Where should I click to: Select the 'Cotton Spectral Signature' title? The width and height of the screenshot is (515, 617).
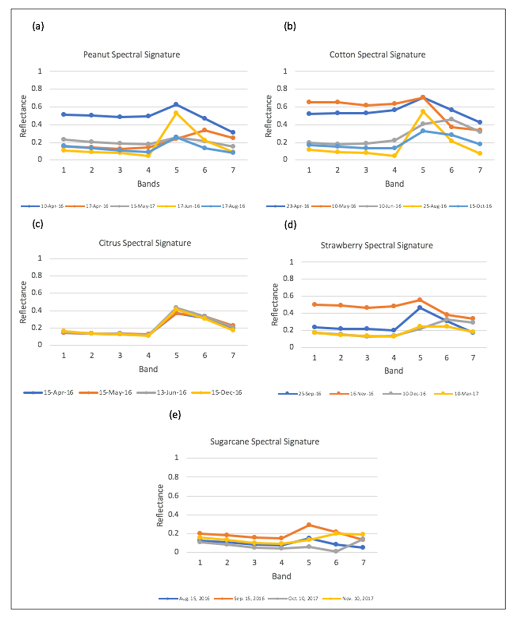click(377, 55)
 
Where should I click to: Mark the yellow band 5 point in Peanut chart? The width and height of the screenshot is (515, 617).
click(175, 113)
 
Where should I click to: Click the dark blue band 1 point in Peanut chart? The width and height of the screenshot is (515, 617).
click(63, 114)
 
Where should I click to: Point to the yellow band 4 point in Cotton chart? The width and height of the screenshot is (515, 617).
click(394, 156)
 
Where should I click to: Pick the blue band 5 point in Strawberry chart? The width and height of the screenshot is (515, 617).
click(419, 307)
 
